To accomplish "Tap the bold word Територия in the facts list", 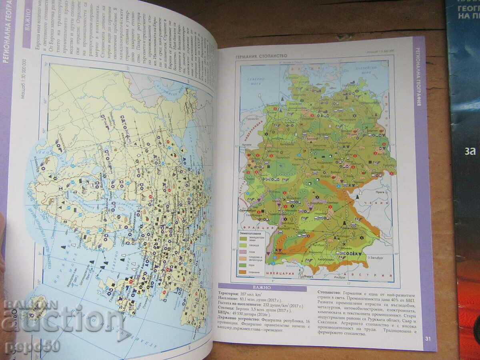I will (x=231, y=293).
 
